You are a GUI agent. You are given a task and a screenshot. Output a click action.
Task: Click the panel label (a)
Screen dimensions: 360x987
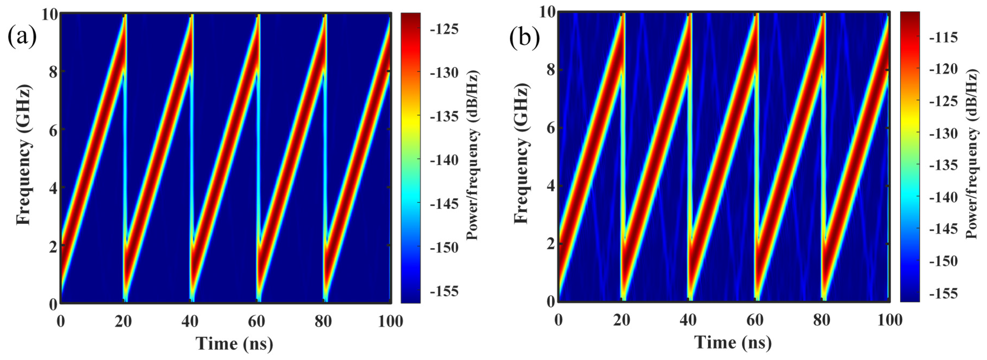point(22,36)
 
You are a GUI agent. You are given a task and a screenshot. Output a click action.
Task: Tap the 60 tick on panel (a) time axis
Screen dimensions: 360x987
point(256,321)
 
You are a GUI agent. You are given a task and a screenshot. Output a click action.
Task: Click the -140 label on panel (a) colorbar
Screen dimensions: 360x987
point(444,160)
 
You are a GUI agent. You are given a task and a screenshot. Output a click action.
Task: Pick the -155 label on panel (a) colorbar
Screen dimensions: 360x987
point(444,291)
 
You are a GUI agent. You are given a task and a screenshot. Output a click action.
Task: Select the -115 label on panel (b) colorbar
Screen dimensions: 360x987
point(943,37)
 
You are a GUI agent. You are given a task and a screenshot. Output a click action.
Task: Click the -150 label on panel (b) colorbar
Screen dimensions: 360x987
point(943,262)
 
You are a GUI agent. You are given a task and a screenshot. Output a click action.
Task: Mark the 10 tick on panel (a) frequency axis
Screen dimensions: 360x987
point(50,15)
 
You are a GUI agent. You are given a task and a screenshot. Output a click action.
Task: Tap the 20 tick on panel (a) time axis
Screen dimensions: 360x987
point(123,321)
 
